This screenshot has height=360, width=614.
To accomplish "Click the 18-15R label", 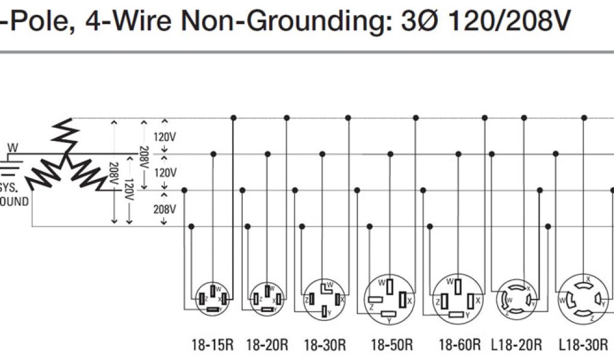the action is [212, 345].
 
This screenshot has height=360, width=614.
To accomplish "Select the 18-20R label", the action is [266, 345].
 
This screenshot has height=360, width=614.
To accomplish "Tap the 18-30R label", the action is [325, 345].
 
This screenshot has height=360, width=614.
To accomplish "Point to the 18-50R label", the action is [392, 345].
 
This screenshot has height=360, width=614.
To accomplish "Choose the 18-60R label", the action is [460, 345].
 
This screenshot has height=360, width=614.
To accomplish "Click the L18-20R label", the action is [517, 345].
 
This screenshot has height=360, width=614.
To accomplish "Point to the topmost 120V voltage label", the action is [165, 137].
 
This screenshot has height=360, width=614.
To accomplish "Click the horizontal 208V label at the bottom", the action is [165, 209].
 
